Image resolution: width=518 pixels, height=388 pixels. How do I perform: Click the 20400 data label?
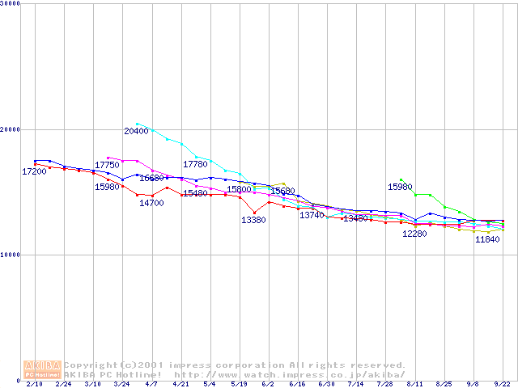pos(136,131)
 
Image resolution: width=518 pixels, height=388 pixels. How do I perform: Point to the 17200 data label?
pos(34,172)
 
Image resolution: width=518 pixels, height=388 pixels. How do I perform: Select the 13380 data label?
pos(253,220)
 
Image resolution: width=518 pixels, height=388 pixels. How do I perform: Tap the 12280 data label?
pos(414,234)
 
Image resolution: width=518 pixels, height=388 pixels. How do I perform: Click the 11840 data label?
pos(487,240)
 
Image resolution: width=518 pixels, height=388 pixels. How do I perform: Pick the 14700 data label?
pos(151,203)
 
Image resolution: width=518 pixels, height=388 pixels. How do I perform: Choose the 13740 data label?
pos(312,215)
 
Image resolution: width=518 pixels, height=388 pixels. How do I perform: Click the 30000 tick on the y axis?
pos(11,4)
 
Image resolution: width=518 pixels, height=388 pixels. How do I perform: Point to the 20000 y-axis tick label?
pos(11,129)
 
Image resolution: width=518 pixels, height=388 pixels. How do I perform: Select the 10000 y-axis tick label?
pos(11,255)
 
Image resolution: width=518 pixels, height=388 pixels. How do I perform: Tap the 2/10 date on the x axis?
pos(35,385)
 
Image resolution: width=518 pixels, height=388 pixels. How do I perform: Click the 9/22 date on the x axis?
pos(502,385)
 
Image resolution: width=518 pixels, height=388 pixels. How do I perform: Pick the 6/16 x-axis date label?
pos(296,385)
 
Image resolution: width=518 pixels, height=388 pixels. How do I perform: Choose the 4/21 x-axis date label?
pos(180,385)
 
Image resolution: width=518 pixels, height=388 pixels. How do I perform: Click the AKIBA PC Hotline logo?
pos(42,369)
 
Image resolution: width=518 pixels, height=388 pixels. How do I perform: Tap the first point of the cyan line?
pos(137,124)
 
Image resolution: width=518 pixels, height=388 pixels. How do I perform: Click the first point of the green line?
pos(401,180)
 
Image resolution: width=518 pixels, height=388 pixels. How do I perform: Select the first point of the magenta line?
pos(108,158)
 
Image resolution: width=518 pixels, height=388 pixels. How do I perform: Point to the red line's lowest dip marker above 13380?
pos(255,213)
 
